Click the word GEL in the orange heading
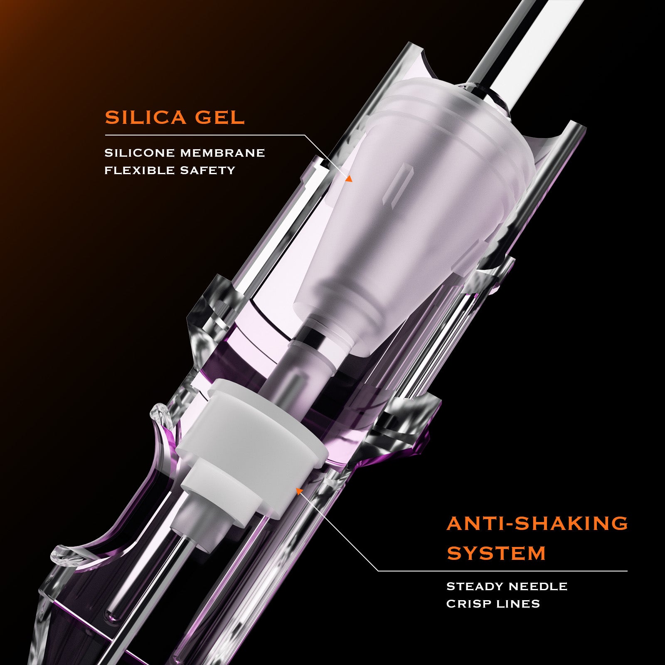point(220,118)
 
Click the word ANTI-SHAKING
point(537,523)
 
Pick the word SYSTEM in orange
point(496,553)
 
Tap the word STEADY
point(474,586)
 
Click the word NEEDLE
point(538,586)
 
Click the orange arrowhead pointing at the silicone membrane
point(349,179)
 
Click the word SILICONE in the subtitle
point(139,153)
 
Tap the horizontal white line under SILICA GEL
point(204,135)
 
